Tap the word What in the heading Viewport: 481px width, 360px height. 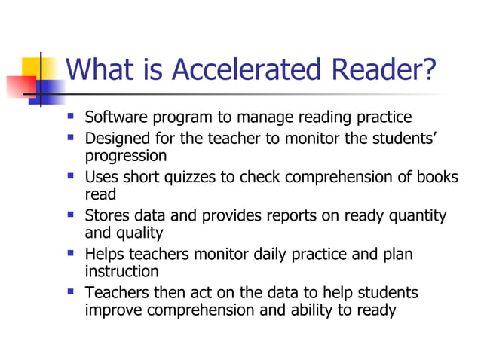100,70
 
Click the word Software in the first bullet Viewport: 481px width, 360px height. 115,117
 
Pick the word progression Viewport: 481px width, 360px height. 125,156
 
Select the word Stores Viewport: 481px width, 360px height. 108,216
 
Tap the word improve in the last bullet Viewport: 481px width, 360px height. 112,310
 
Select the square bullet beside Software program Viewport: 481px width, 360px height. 71,117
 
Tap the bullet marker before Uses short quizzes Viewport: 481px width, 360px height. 71,177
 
